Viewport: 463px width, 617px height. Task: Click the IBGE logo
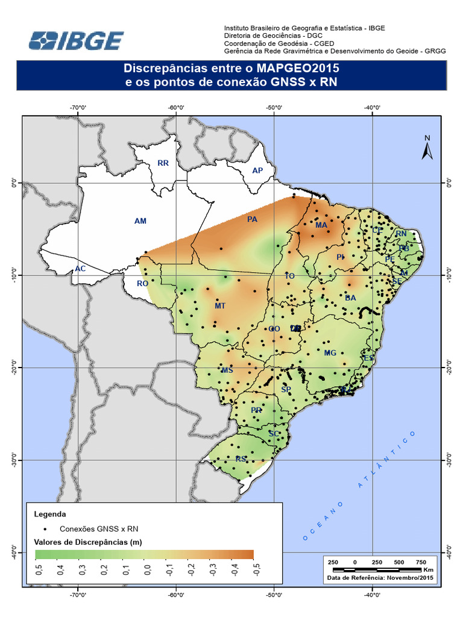coord(77,41)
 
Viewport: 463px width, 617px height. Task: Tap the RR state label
coord(163,163)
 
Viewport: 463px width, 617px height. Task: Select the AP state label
coord(258,171)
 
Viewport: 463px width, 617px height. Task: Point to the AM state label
coord(140,221)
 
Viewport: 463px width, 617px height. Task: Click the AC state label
coord(80,269)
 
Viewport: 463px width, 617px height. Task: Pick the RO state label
coord(143,283)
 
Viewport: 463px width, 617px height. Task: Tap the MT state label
coord(220,306)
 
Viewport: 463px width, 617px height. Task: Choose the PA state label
coord(253,219)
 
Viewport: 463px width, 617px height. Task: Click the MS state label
coord(227,371)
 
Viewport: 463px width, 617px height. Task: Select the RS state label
coord(241,459)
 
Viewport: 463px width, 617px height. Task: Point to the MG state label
coord(330,353)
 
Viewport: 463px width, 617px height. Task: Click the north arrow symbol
coord(427,148)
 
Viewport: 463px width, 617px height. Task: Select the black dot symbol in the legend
coord(46,528)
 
